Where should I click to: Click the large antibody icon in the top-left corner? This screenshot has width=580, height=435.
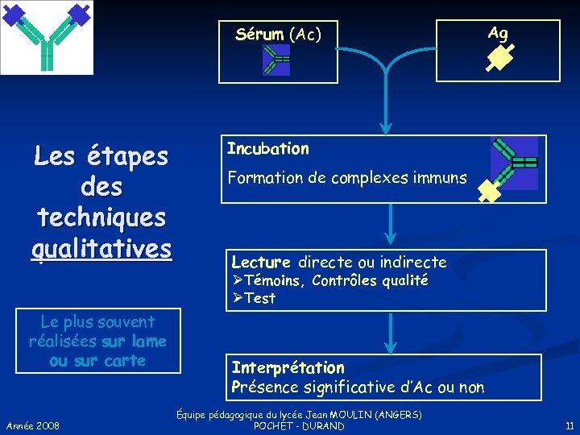(47, 36)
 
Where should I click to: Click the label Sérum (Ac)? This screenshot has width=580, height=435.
(278, 34)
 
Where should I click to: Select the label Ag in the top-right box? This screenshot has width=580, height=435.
(498, 33)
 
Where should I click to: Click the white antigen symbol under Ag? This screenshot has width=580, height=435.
(499, 58)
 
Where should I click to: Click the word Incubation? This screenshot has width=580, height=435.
(267, 148)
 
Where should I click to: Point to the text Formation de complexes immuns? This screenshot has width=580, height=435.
(346, 177)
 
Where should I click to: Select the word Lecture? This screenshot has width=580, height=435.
(260, 262)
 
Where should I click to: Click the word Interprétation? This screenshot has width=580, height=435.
(288, 367)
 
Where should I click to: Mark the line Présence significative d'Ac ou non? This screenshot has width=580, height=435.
(358, 387)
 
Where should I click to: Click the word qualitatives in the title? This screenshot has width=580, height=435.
(102, 247)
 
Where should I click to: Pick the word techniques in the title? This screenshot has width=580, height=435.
(101, 217)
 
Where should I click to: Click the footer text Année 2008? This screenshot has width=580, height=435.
(32, 425)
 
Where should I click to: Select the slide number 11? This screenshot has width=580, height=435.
(569, 425)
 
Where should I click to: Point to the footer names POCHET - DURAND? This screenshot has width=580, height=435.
(298, 425)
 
